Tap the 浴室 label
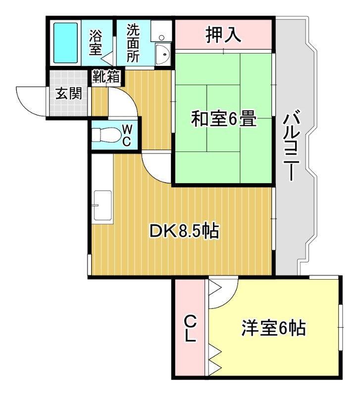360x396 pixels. click(x=96, y=43)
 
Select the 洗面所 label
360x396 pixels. click(x=133, y=43)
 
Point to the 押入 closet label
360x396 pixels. click(x=223, y=34)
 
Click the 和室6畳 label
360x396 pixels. click(x=224, y=119)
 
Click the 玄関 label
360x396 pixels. click(x=68, y=94)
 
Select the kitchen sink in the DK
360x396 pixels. click(x=103, y=205)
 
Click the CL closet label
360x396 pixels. click(x=190, y=329)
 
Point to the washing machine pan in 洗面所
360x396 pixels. click(x=161, y=30)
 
